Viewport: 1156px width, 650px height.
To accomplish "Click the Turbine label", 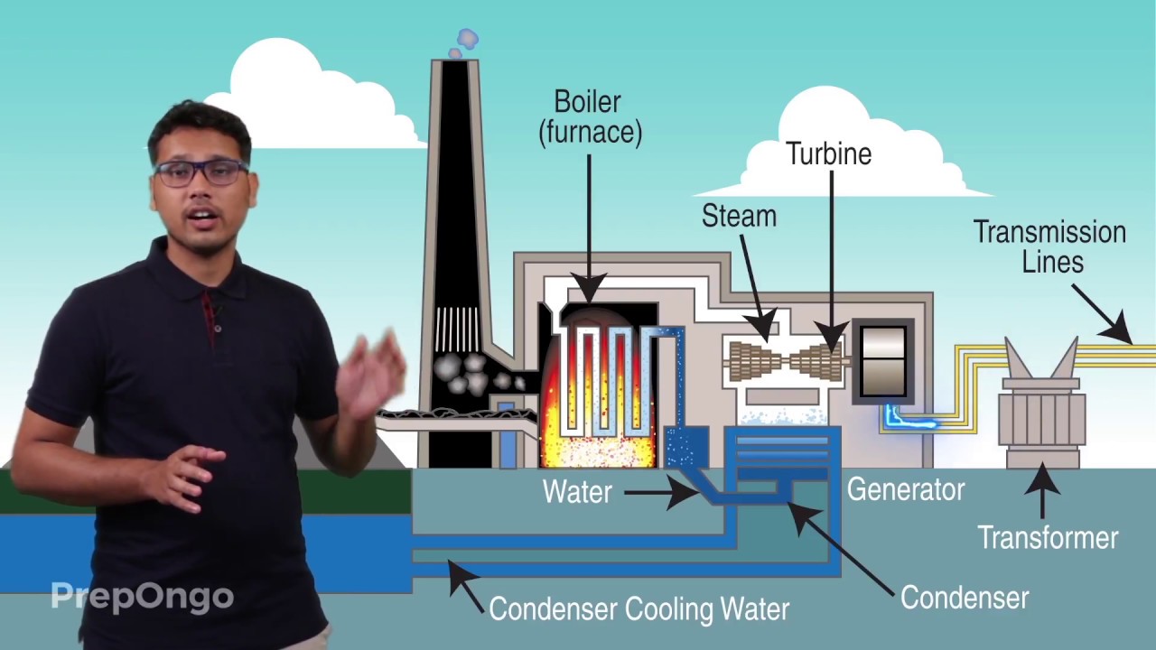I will click(x=828, y=153).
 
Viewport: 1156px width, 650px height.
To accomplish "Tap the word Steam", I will click(x=739, y=216).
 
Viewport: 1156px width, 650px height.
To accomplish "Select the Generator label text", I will click(x=905, y=489).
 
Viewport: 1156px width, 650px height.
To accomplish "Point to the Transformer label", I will click(x=1048, y=538).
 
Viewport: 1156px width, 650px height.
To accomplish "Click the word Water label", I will click(x=577, y=492).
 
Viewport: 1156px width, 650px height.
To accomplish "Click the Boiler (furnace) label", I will click(x=590, y=117).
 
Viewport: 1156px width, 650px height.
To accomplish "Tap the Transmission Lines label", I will click(x=1049, y=246).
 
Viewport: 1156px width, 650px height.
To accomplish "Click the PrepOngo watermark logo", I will click(x=142, y=596).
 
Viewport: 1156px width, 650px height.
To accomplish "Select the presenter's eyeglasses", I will click(x=200, y=172).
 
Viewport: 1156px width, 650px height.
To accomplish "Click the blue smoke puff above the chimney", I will click(x=466, y=40).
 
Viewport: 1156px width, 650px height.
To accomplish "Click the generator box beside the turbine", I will click(x=883, y=361).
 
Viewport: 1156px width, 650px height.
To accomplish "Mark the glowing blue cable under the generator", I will click(x=909, y=420).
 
